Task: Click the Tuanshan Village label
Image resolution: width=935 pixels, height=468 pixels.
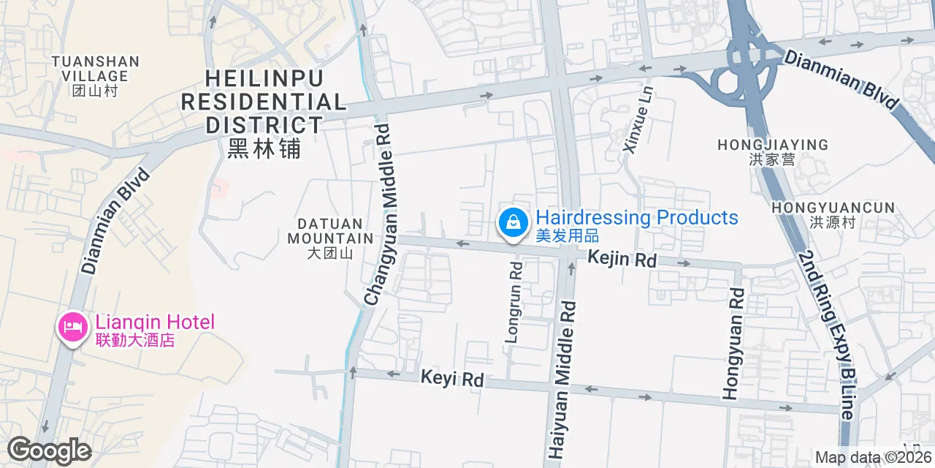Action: [96, 75]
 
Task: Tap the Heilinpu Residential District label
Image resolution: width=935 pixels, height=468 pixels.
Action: [264, 112]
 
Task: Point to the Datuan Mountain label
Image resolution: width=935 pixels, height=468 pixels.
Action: [330, 238]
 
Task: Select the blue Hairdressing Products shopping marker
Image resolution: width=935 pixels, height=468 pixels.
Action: [513, 222]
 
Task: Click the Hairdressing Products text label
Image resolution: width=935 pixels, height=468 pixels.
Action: [636, 225]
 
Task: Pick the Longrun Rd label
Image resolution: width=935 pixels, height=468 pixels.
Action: [515, 303]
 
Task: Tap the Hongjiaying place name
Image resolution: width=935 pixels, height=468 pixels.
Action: [773, 152]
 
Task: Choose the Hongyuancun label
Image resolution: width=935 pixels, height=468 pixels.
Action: [833, 215]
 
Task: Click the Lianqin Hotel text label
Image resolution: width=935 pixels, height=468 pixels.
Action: [155, 330]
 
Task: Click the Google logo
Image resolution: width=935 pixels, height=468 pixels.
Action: [49, 450]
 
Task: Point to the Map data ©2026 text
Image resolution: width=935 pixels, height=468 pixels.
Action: [873, 458]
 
